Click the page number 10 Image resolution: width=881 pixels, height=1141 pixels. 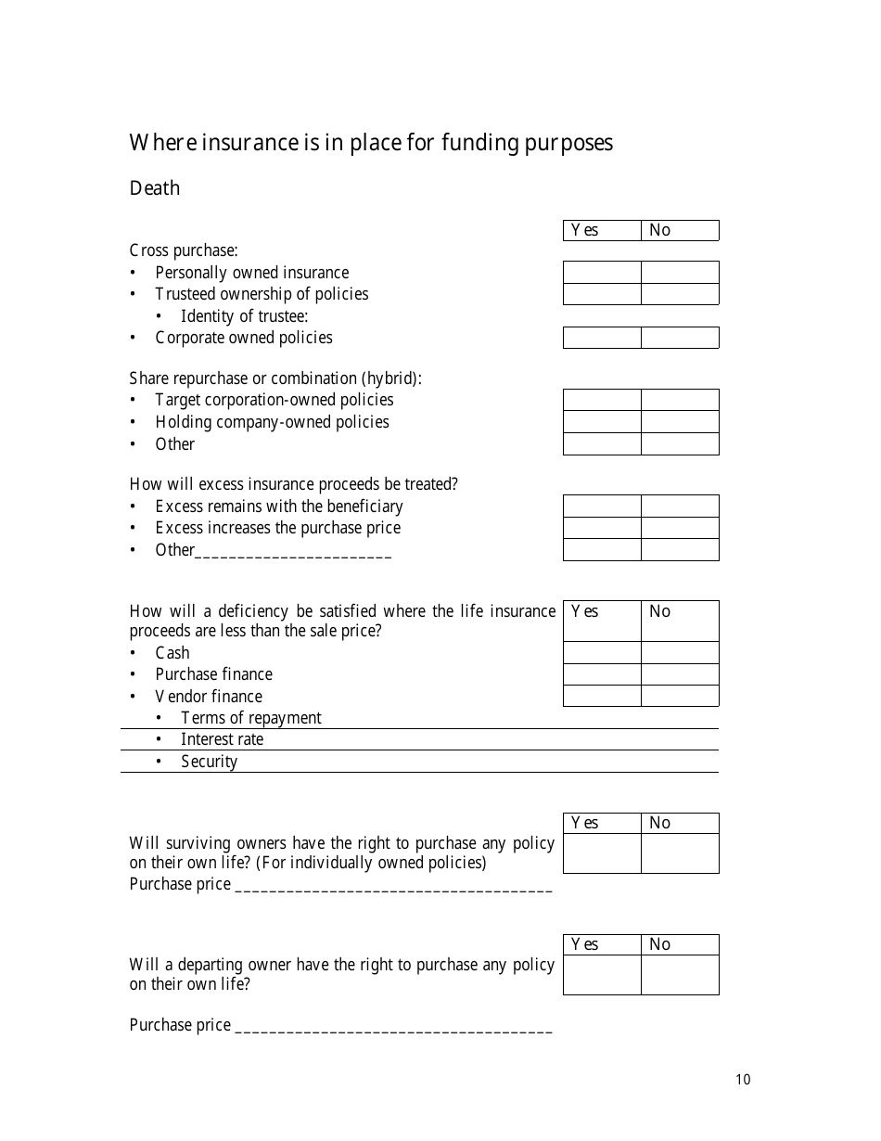point(743,1079)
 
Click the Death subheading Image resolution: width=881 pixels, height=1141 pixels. point(155,188)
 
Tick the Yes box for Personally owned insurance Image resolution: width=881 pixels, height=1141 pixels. point(602,272)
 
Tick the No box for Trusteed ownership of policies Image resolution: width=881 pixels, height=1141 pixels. point(680,294)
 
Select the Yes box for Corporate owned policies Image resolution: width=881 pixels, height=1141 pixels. point(602,338)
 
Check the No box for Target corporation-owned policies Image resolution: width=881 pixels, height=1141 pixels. point(680,400)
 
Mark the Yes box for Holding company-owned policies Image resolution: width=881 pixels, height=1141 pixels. point(602,422)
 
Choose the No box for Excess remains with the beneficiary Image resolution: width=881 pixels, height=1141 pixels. point(680,506)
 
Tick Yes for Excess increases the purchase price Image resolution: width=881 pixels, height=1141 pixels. point(602,528)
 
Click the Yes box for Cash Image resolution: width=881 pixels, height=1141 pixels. point(602,652)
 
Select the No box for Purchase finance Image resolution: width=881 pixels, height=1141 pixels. point(680,674)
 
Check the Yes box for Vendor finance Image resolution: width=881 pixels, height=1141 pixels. point(602,696)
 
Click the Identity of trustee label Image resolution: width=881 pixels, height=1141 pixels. point(244,316)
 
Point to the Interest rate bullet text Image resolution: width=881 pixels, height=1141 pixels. point(222,739)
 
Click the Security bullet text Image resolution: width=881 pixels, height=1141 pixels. point(209,762)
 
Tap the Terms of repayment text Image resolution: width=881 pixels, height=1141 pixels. point(250,718)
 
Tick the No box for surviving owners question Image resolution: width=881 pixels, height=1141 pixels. point(680,853)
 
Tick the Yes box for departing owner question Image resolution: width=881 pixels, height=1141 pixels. point(602,975)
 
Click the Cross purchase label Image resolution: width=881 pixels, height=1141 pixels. point(184,250)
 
